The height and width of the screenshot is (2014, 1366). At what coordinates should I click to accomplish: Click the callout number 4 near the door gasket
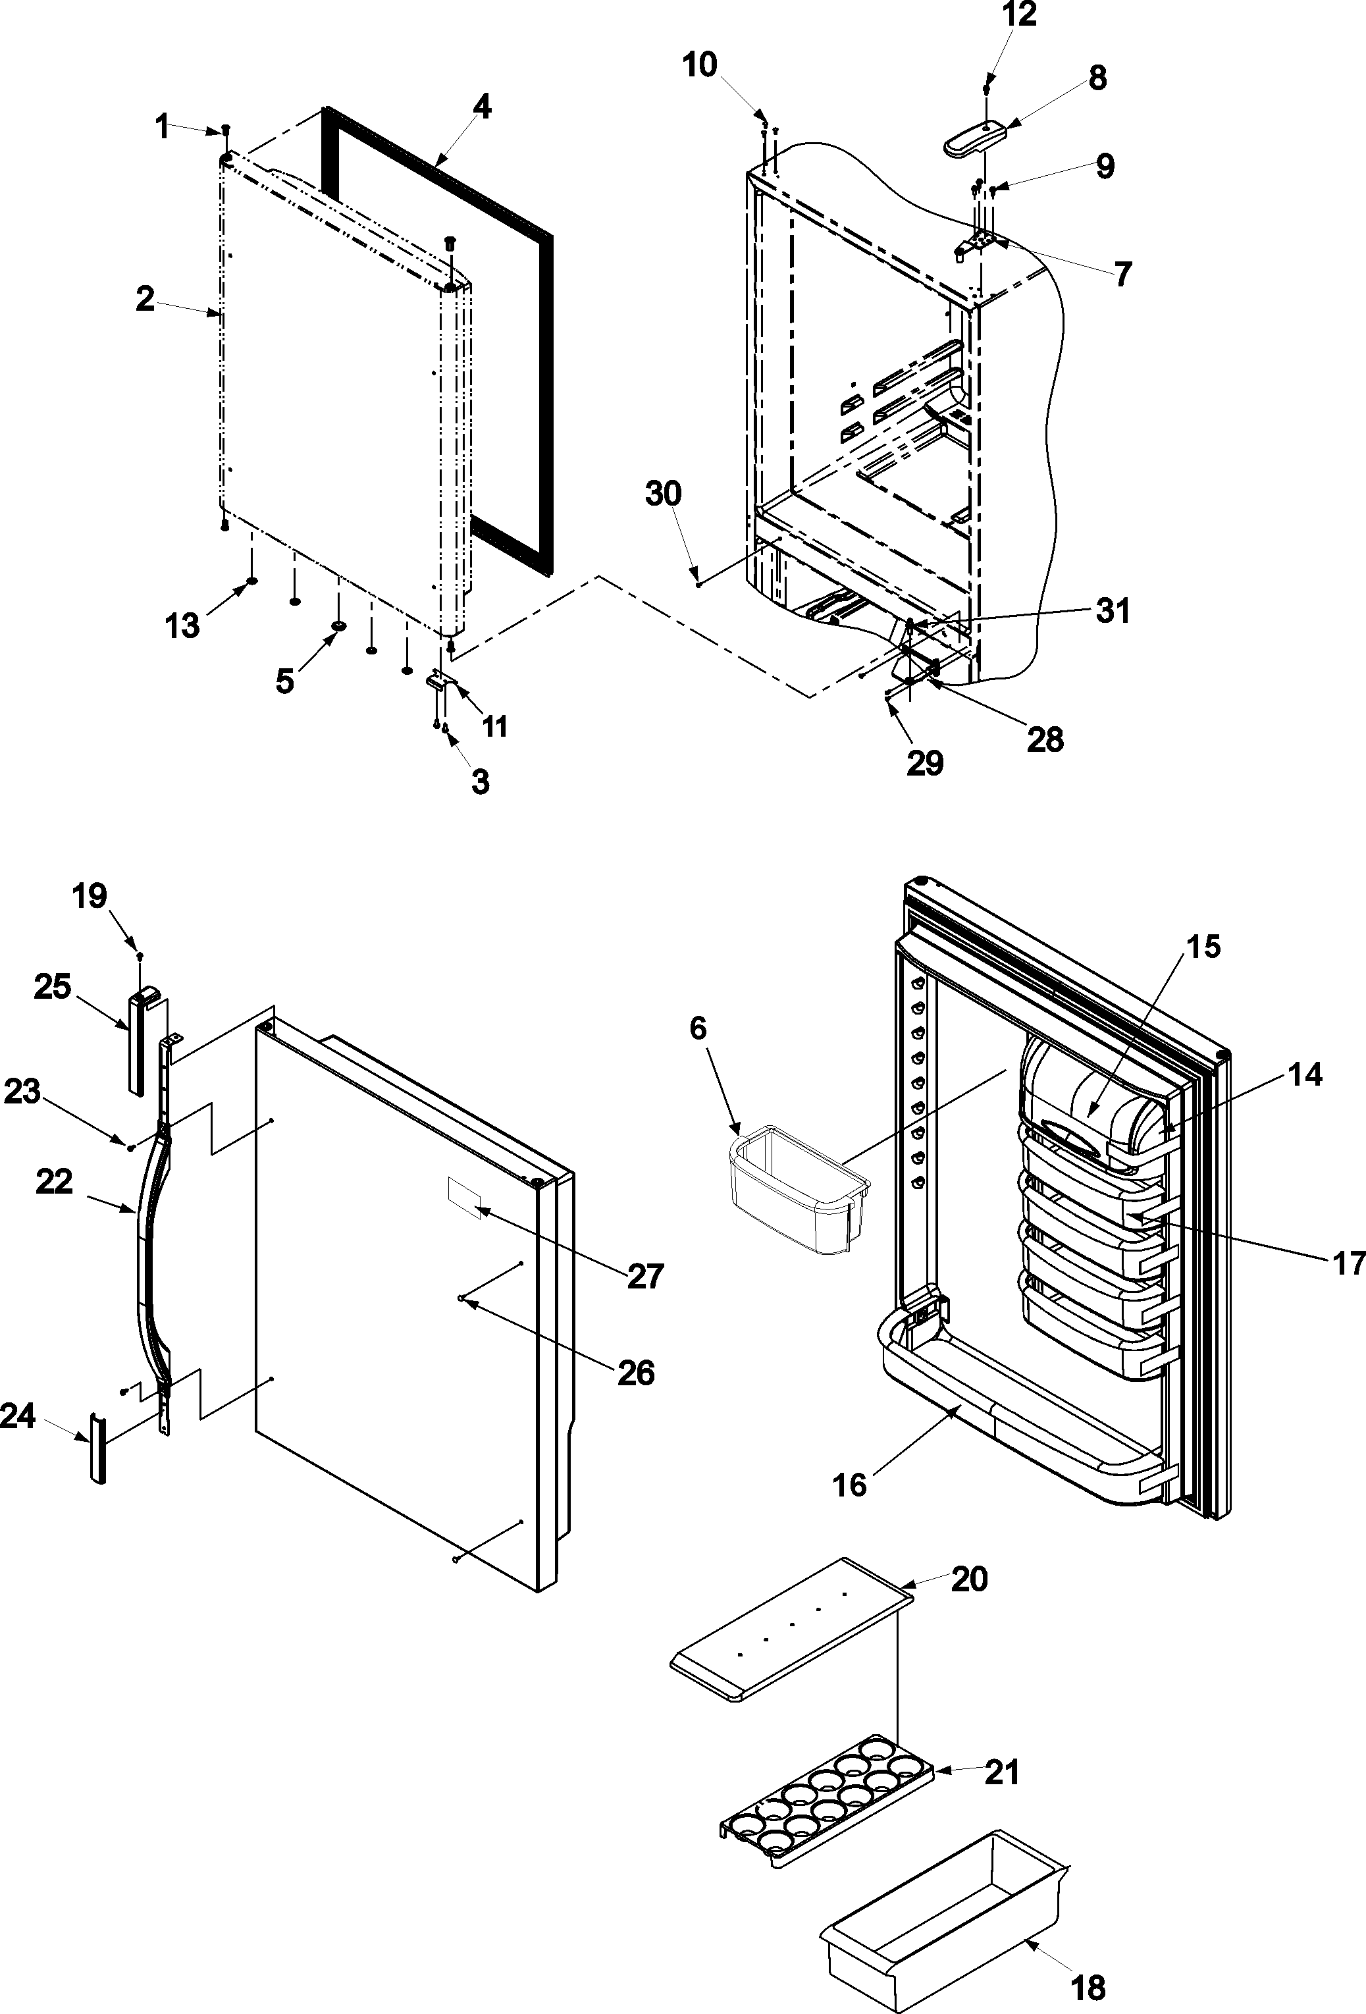click(482, 107)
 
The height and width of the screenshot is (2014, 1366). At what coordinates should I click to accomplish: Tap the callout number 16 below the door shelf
click(849, 1485)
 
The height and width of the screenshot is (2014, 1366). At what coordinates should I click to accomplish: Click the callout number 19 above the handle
click(90, 895)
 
